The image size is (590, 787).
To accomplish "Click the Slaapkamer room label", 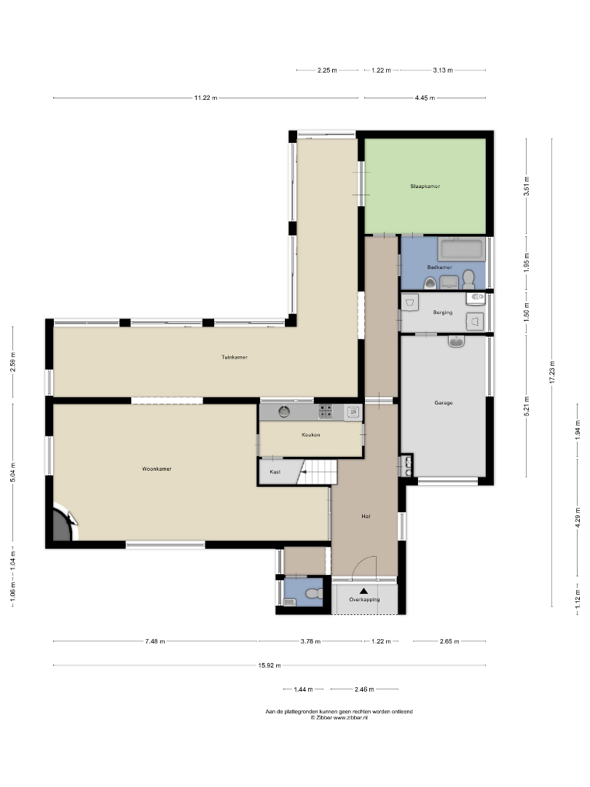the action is coord(425,187).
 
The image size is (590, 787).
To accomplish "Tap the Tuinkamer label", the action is coord(235,357).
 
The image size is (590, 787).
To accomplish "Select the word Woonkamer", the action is coord(157,469).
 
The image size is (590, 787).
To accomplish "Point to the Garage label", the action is coord(444,402).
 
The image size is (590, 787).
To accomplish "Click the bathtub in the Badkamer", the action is coord(461,249).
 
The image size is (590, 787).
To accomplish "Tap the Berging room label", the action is coord(443,312).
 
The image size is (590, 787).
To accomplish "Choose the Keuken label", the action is coord(310,434).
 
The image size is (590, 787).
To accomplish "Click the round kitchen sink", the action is coord(285,412).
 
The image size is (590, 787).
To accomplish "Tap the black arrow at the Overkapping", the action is coord(363,591).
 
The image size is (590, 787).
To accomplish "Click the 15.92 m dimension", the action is coord(270,665).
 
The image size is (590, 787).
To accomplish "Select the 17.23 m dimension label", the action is coord(552,372).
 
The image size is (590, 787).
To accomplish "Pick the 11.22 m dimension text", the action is coord(205,98).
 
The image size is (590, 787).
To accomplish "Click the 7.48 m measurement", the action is coord(155,641).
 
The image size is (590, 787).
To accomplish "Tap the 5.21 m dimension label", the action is coord(527,407).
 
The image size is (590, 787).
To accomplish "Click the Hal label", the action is coord(366,516).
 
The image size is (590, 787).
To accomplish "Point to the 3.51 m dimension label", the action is coord(527,187).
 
